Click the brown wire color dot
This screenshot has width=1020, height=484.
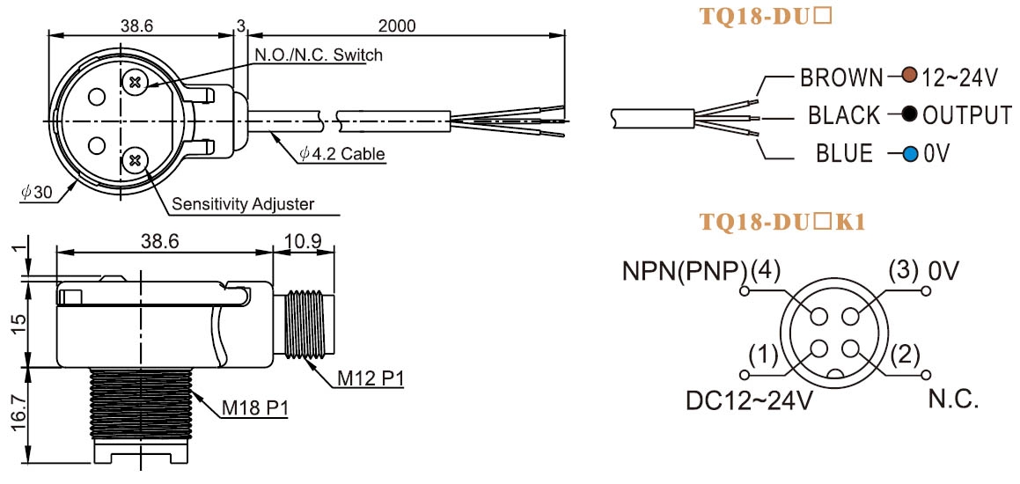(909, 77)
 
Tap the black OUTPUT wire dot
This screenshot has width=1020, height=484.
(910, 115)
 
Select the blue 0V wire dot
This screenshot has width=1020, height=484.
(910, 154)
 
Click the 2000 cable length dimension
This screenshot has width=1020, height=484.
(397, 26)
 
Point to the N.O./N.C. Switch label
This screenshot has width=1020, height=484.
(318, 55)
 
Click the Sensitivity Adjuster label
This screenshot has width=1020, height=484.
(243, 204)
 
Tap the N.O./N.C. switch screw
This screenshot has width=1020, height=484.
(136, 82)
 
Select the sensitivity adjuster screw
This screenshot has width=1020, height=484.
(136, 158)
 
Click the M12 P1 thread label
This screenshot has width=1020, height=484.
(369, 378)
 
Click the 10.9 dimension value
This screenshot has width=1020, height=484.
(303, 240)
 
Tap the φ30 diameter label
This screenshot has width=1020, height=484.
(36, 194)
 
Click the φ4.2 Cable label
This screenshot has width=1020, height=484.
(342, 154)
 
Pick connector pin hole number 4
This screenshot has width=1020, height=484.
(819, 316)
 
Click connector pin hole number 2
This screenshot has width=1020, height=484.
(850, 348)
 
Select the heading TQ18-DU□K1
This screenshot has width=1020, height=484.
(782, 222)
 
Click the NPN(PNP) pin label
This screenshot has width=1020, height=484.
(683, 271)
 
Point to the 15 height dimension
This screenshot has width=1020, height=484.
(18, 321)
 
